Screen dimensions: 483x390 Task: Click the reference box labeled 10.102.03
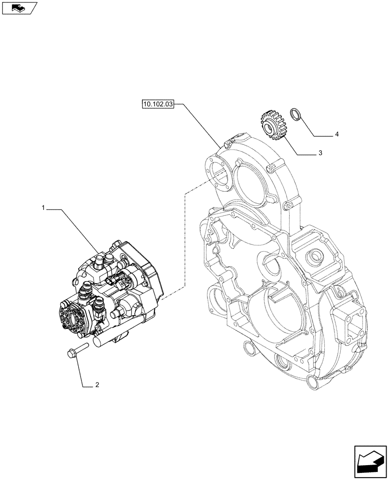point(157,103)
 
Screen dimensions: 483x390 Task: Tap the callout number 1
point(43,207)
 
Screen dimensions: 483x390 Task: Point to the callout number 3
point(320,153)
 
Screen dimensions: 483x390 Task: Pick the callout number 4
point(337,134)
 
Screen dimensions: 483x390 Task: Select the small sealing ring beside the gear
point(295,115)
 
